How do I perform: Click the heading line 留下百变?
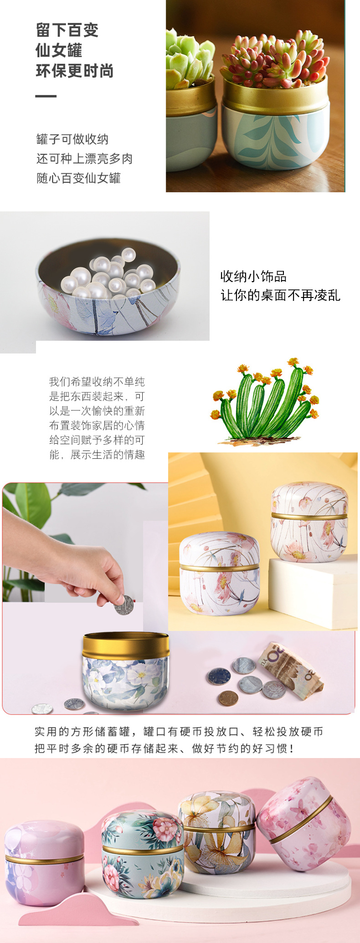[x=67, y=31]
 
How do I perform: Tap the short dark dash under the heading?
[x=46, y=96]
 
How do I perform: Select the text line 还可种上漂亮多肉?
[x=84, y=159]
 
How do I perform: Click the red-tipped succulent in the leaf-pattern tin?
[x=275, y=59]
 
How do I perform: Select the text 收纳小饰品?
[x=253, y=276]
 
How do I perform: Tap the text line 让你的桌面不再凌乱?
[x=280, y=295]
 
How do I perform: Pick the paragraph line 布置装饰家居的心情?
[x=97, y=425]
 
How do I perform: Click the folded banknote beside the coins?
[x=292, y=668]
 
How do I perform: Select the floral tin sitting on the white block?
[x=309, y=522]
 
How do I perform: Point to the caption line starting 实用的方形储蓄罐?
[x=179, y=732]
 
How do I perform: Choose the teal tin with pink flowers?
[x=142, y=847]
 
